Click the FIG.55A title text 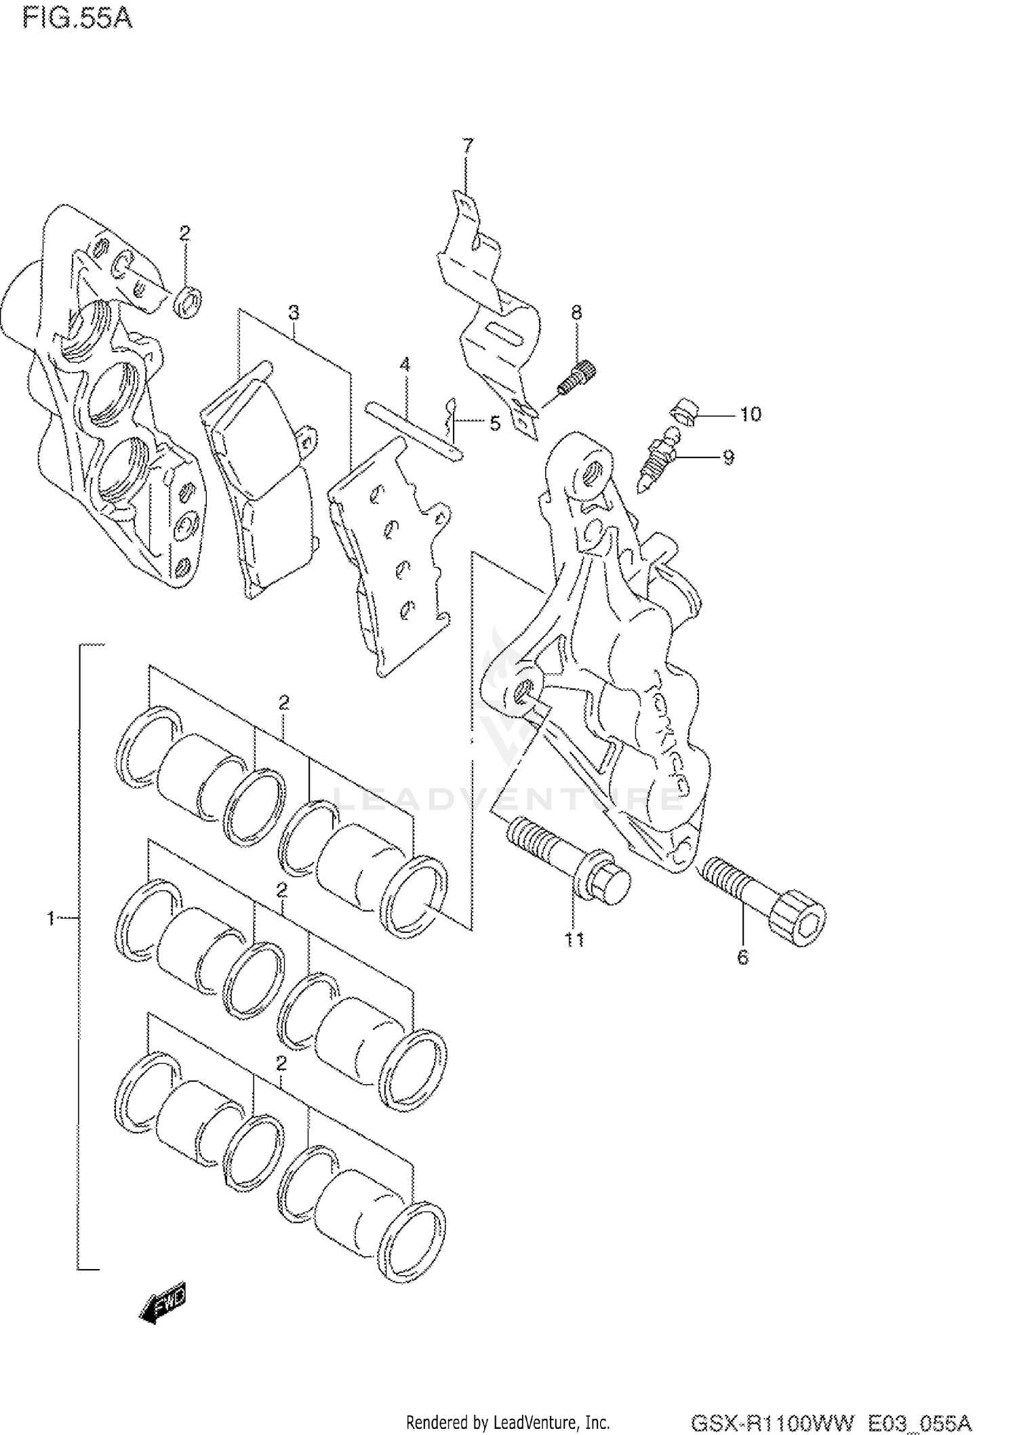[77, 19]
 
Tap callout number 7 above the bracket [468, 145]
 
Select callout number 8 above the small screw [576, 312]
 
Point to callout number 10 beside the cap [750, 414]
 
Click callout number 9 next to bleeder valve [728, 457]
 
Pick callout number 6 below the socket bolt [743, 957]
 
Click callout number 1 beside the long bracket [50, 919]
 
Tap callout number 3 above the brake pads [293, 312]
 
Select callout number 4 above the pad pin [405, 365]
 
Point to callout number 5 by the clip [495, 424]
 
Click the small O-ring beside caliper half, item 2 [188, 301]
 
